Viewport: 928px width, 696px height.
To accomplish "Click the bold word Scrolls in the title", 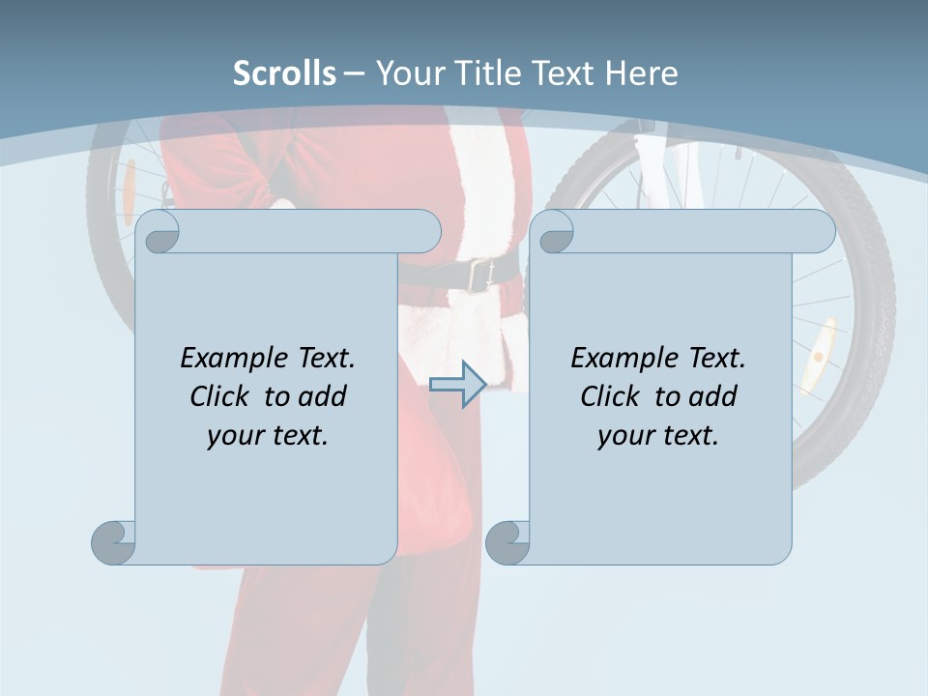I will pos(284,72).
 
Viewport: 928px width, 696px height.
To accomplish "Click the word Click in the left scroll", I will pos(222,396).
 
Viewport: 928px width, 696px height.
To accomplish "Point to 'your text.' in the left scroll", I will pos(268,435).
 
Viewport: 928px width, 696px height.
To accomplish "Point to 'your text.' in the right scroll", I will pos(658,435).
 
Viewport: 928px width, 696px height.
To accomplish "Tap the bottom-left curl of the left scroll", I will pos(114,542).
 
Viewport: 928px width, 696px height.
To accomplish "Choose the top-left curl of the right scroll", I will pos(555,232).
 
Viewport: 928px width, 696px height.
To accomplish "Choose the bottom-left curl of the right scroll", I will pos(507,542).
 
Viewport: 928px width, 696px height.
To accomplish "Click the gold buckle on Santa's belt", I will pos(478,275).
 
